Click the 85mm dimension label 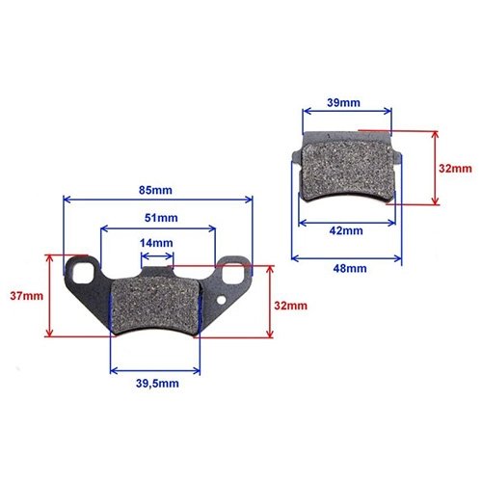pyautogui.click(x=155, y=190)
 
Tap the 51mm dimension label pyautogui.click(x=161, y=218)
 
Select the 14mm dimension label pyautogui.click(x=156, y=243)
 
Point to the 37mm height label pyautogui.click(x=27, y=296)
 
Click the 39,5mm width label pyautogui.click(x=157, y=384)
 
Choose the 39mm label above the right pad pyautogui.click(x=343, y=103)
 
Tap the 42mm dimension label pyautogui.click(x=346, y=230)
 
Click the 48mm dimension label pyautogui.click(x=350, y=269)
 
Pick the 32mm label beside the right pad pyautogui.click(x=455, y=169)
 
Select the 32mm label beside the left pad pyautogui.click(x=290, y=306)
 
